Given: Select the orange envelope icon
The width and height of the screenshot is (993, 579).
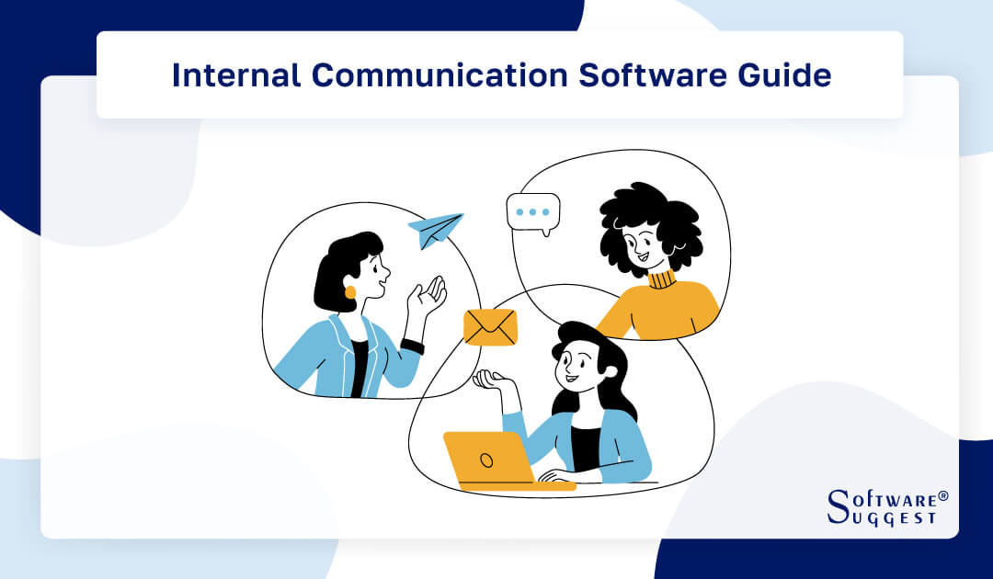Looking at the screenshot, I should pos(490,327).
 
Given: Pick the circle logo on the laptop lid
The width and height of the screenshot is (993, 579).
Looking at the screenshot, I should pos(487,460).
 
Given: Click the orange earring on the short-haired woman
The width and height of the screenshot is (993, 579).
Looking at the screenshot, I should pos(350,292).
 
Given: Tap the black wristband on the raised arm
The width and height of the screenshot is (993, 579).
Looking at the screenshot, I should pos(413,346).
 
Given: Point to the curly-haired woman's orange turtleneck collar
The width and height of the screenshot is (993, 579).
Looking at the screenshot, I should pos(661,278).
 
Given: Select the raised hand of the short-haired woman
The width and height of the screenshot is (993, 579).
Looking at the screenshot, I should pos(427,298).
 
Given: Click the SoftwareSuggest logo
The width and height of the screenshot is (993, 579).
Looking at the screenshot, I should pos(886,506).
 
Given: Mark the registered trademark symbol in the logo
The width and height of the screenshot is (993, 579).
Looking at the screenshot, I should pos(942,495).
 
